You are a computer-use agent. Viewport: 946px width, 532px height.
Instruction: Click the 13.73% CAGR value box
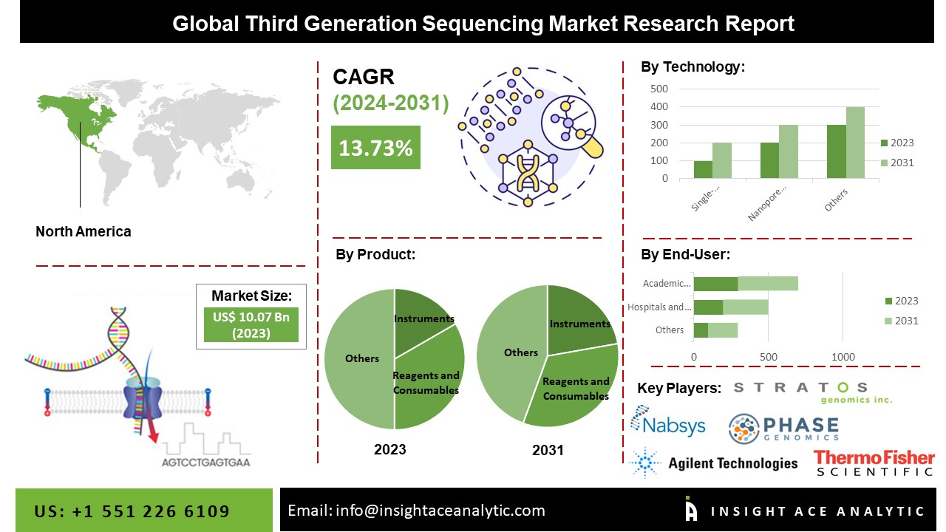[375, 147]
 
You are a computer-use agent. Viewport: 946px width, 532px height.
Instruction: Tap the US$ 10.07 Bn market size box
[251, 324]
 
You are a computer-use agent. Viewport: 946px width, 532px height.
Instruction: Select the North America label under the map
[84, 231]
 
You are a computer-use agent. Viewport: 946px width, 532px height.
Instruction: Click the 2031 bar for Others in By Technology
[855, 143]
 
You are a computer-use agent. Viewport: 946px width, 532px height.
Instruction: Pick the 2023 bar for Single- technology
[703, 169]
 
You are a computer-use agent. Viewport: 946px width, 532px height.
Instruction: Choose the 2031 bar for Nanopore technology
[789, 151]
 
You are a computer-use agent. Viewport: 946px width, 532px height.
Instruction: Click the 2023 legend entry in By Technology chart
[896, 143]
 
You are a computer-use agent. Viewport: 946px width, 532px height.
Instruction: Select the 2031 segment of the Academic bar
[768, 284]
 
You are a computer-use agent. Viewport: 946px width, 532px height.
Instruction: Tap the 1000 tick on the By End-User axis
[843, 358]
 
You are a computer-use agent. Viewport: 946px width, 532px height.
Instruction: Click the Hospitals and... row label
[659, 307]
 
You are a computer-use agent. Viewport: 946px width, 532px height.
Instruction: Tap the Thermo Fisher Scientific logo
[874, 463]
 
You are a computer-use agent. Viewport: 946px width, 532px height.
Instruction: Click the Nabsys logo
[668, 423]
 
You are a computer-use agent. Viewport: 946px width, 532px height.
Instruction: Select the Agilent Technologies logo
[714, 463]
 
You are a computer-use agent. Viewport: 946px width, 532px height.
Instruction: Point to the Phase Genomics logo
[783, 429]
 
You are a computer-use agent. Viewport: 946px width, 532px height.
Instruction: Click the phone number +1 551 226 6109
[132, 511]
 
